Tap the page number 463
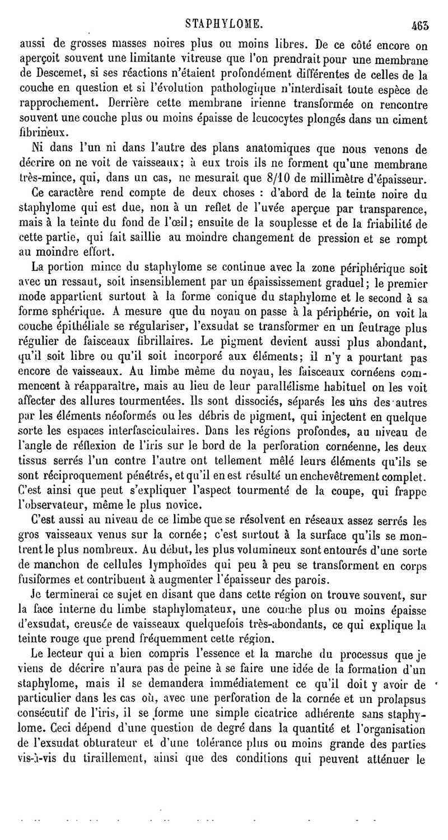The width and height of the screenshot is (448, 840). (418, 25)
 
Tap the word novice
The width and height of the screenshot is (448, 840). (186, 506)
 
